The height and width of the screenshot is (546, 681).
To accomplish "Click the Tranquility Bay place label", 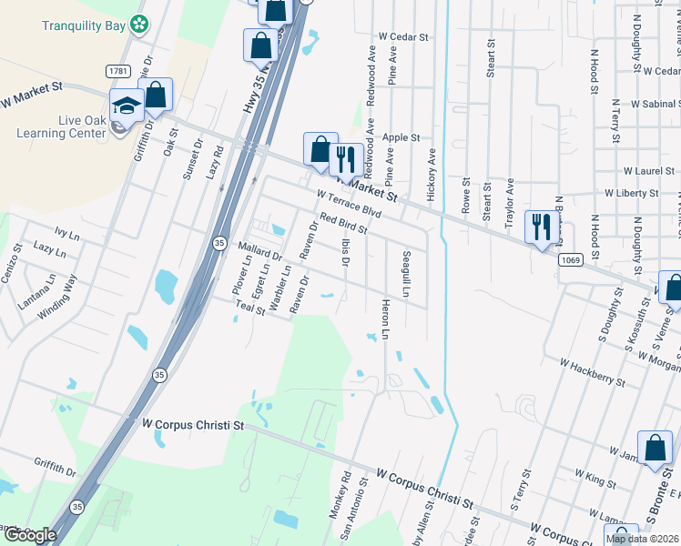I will pos(83,25).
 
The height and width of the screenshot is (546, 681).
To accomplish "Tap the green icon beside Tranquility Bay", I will pos(139,25).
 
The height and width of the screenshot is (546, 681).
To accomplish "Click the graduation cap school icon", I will pos(127,104).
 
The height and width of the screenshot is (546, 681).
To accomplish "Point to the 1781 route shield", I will pos(117,70).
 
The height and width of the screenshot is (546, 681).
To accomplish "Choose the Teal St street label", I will pos(249,309).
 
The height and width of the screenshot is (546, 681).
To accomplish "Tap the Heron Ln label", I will pos(385,320).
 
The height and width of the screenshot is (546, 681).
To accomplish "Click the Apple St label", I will pos(401,138).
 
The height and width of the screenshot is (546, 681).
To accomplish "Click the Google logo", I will pos(29,535).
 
